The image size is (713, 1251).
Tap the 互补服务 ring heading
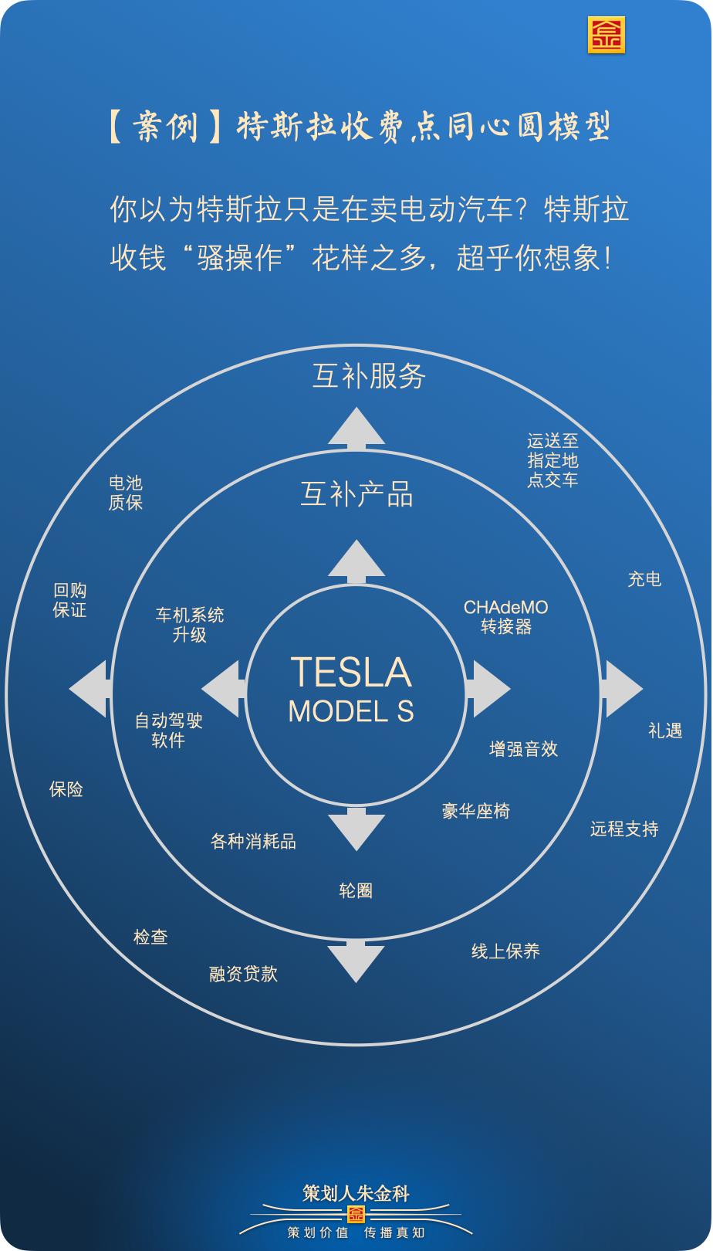click(369, 376)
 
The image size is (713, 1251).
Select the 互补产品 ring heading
click(356, 494)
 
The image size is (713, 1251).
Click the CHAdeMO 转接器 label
click(506, 617)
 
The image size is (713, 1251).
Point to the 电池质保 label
click(126, 493)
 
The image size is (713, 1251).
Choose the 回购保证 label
click(69, 600)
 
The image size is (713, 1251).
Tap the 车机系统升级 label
click(190, 625)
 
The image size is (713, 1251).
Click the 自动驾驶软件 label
click(168, 731)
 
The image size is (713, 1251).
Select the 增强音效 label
click(523, 748)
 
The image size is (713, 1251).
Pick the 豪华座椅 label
click(476, 811)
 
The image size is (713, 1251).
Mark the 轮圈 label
click(356, 890)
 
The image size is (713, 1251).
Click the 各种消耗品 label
click(253, 841)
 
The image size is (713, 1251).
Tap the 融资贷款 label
click(243, 974)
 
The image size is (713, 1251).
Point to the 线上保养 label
click(505, 951)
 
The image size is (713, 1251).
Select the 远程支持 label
click(624, 829)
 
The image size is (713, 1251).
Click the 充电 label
click(644, 578)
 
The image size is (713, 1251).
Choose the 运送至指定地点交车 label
click(552, 460)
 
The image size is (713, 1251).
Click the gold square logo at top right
click(606, 35)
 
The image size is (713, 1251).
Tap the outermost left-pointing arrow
click(88, 689)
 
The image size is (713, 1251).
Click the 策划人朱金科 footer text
click(356, 1193)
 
